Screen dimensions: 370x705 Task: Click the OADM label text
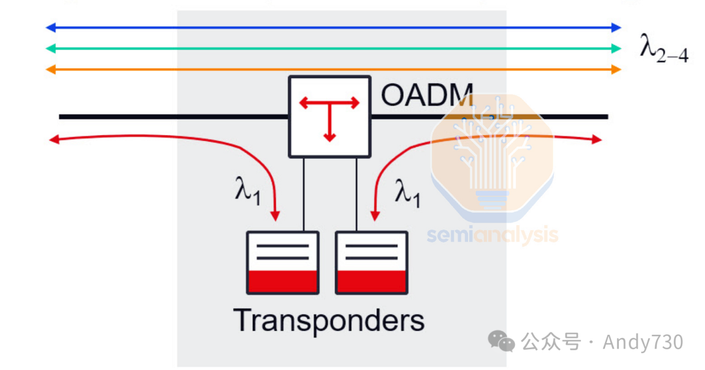click(427, 95)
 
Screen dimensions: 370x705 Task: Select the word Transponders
click(329, 320)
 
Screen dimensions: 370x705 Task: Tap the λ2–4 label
click(663, 49)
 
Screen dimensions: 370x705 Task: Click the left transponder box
click(283, 262)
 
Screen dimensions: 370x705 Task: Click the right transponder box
click(371, 262)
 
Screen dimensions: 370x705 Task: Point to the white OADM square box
click(330, 117)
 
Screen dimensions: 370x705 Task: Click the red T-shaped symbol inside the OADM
click(329, 115)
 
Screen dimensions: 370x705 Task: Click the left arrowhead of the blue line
click(50, 27)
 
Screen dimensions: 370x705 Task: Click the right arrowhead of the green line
click(616, 48)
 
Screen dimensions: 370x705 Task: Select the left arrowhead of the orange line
click(50, 69)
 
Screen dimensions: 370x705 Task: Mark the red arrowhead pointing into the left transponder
click(276, 215)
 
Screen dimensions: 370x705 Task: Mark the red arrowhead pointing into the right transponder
click(375, 215)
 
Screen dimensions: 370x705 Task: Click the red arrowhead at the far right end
click(597, 139)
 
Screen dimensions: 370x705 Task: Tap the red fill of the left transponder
click(283, 281)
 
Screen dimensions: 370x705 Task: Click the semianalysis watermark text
click(493, 235)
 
